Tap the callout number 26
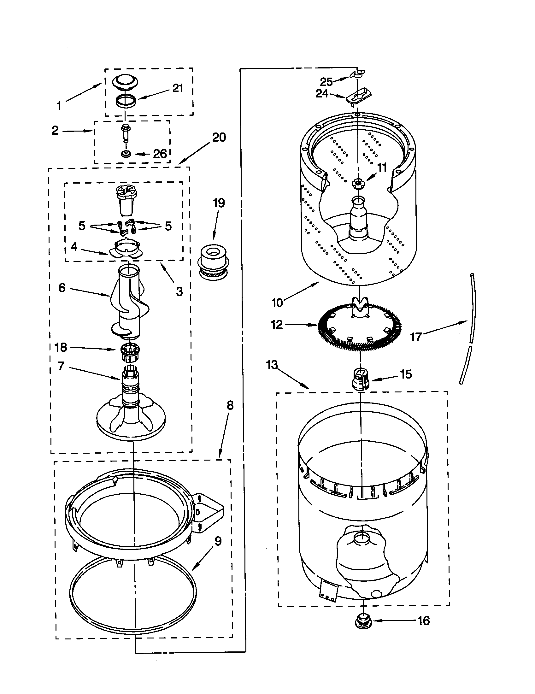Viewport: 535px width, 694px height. [x=160, y=154]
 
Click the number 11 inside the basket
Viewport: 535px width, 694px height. [x=382, y=168]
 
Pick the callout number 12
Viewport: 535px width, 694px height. [x=277, y=325]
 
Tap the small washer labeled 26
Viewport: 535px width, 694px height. [x=126, y=154]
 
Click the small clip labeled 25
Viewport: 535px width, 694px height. [x=357, y=74]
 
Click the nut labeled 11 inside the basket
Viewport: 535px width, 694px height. [x=358, y=183]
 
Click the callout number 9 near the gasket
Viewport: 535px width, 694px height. [x=218, y=541]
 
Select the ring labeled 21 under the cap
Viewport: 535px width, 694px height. [x=125, y=101]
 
